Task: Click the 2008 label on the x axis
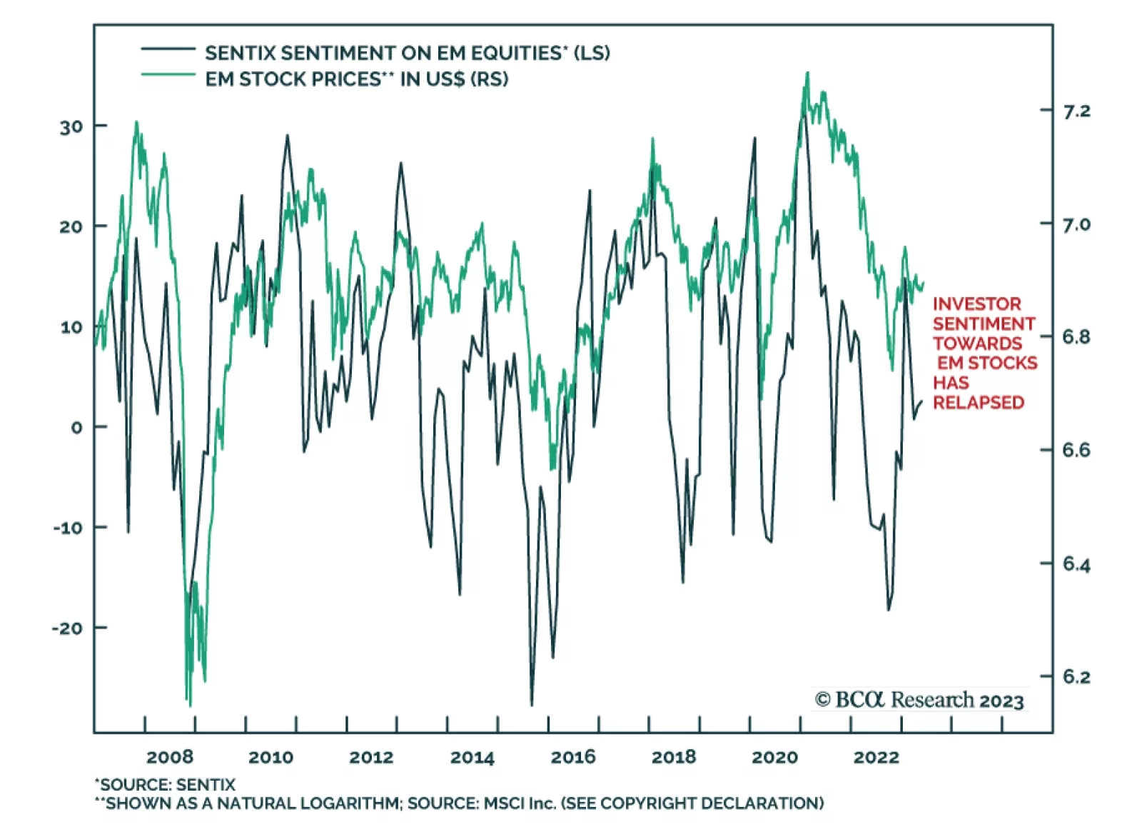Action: [x=169, y=757]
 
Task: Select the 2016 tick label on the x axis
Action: [x=572, y=757]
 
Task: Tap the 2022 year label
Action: [x=876, y=757]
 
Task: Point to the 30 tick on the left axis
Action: [x=71, y=127]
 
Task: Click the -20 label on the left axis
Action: [x=69, y=628]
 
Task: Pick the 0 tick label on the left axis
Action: [x=77, y=428]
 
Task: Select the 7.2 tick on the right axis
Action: [x=1076, y=111]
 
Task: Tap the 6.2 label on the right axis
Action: [x=1076, y=677]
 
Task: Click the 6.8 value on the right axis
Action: [x=1076, y=337]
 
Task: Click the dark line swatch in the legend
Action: [x=168, y=49]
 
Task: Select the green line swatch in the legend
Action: [x=168, y=74]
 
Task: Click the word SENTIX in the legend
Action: [x=240, y=54]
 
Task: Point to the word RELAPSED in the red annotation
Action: [x=978, y=403]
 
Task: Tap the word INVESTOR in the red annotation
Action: [x=976, y=304]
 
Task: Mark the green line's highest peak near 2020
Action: [x=807, y=73]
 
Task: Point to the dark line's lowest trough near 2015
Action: [x=532, y=704]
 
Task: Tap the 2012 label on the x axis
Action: [x=370, y=757]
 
